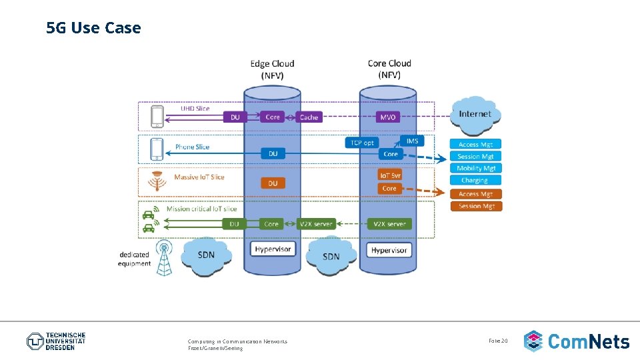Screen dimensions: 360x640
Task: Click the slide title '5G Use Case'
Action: point(94,28)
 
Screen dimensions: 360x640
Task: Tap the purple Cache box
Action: point(309,117)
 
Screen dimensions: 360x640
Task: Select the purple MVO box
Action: point(388,117)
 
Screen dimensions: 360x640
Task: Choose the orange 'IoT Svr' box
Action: point(390,175)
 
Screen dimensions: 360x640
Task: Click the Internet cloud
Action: point(475,114)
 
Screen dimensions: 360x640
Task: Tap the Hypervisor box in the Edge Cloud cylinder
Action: point(273,249)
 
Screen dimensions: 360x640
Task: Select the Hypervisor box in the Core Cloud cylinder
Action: point(389,250)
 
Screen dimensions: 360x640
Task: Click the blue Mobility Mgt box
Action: point(476,169)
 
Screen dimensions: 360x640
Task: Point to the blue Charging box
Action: point(475,181)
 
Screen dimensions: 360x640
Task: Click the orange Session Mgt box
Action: point(476,206)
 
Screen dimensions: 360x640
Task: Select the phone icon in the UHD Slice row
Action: point(157,117)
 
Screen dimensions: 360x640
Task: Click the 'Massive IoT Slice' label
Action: point(199,177)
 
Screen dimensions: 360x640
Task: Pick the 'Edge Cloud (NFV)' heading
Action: point(272,69)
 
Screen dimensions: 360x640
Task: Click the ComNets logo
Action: point(577,341)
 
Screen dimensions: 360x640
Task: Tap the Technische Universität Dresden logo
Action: point(57,341)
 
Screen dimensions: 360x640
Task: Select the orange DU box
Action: point(273,183)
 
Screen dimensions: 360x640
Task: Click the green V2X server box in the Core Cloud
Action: point(389,224)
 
